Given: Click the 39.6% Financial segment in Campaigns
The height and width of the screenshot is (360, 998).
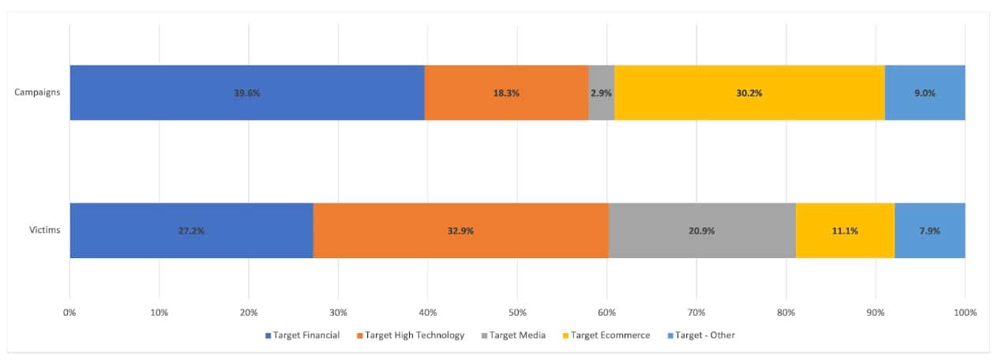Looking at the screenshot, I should coord(247,92).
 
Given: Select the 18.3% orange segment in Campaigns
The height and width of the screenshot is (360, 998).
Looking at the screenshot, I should coord(506,92).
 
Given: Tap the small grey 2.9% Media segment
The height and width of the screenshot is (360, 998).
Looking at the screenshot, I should coord(601,92).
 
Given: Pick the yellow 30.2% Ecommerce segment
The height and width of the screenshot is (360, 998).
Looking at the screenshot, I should coord(749,92).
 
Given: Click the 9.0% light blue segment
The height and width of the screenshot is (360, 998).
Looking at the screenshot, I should coord(925,92).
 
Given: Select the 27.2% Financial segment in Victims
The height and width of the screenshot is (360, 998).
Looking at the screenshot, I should coord(192,231).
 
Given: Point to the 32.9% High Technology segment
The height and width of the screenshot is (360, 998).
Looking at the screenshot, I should coord(460,231).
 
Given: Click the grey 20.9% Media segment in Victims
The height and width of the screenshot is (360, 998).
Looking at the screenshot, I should coord(702,231).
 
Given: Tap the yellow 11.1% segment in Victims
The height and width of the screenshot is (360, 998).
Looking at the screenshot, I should coord(845,231).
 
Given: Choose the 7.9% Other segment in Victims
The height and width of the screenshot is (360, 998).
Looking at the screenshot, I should coord(929,231).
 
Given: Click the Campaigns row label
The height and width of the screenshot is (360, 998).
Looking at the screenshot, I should coord(37,92).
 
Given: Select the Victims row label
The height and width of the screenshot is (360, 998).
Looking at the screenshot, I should coord(43,231).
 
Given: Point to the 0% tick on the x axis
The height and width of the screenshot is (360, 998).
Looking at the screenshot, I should coord(69,313).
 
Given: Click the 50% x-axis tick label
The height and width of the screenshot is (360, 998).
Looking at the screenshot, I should coord(517,313).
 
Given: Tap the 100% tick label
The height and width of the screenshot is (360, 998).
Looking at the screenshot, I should coord(964,313).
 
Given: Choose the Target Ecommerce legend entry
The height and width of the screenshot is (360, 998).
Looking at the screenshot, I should coord(606,336).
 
